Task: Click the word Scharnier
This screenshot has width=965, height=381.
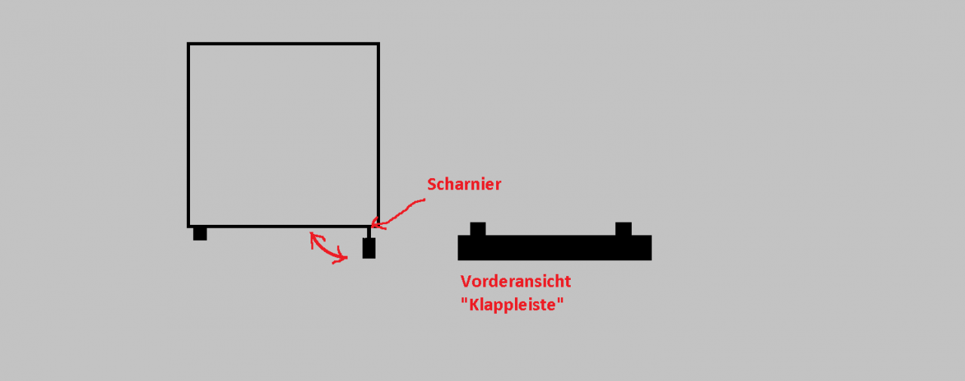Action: [464, 185]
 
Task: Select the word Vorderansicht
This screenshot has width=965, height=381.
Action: [515, 281]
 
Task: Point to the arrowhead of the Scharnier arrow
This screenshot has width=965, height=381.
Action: [374, 224]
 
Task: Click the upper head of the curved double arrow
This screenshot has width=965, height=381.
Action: [314, 237]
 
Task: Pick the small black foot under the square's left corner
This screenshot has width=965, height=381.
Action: [200, 234]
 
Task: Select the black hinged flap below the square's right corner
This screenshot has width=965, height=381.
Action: [369, 248]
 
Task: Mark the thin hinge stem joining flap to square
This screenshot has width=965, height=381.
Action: [369, 232]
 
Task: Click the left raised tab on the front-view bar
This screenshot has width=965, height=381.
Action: [478, 229]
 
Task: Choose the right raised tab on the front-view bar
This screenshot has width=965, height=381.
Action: [623, 229]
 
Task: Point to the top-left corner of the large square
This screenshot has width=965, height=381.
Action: [188, 44]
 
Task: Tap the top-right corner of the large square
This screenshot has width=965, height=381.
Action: [378, 44]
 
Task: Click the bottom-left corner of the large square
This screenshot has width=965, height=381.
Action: [188, 226]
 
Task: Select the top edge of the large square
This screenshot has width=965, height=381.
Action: [283, 44]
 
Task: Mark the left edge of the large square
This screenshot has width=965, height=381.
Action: [188, 135]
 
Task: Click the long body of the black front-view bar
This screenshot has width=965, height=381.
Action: [554, 247]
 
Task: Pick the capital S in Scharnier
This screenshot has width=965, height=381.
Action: [432, 185]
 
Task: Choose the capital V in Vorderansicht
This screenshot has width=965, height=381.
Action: [466, 281]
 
